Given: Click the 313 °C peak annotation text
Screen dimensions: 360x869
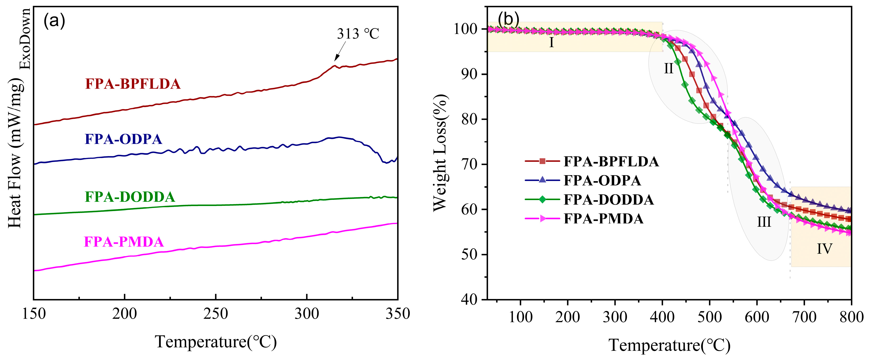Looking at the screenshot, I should pyautogui.click(x=358, y=34).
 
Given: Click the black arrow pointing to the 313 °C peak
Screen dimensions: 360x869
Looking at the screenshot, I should pyautogui.click(x=340, y=53).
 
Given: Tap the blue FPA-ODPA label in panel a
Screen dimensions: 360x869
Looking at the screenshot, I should pyautogui.click(x=123, y=139).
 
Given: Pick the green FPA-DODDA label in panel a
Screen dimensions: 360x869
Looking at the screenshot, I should pyautogui.click(x=130, y=197).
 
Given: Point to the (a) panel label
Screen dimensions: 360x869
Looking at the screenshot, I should pyautogui.click(x=54, y=21).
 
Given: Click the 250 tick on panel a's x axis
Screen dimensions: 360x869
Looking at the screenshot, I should pyautogui.click(x=216, y=314).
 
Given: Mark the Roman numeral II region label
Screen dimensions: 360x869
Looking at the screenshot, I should pyautogui.click(x=668, y=69).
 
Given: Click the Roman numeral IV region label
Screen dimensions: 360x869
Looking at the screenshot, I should pyautogui.click(x=824, y=249).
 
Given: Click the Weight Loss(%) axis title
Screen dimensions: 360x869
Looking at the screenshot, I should pyautogui.click(x=440, y=153).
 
